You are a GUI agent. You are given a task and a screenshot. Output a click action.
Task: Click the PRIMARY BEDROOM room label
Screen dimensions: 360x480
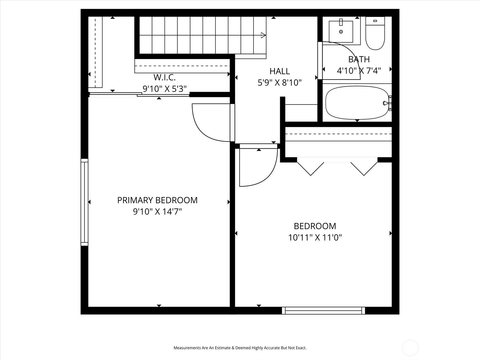tap(157, 200)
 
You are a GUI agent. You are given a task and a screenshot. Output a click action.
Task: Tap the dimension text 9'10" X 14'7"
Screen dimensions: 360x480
tap(157, 212)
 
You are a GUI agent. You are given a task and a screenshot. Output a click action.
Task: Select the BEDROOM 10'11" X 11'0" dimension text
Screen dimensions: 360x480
tap(315, 238)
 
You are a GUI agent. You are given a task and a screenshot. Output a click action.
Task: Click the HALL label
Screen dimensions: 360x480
tap(280, 71)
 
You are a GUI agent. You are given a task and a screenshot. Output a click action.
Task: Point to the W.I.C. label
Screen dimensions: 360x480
tap(164, 77)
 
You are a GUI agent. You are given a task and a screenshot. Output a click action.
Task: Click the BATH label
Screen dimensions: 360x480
tap(359, 59)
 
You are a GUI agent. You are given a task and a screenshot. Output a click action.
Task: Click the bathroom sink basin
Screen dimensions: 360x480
tap(341, 31)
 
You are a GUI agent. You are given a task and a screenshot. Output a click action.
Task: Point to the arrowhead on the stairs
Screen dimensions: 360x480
tap(263, 35)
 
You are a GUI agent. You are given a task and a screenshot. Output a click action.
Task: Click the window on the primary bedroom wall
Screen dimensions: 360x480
tap(85, 202)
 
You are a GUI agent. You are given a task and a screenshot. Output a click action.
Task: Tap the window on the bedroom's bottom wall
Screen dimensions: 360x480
tap(323, 310)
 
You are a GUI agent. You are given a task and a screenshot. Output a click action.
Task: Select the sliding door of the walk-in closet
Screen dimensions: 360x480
tap(139, 94)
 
